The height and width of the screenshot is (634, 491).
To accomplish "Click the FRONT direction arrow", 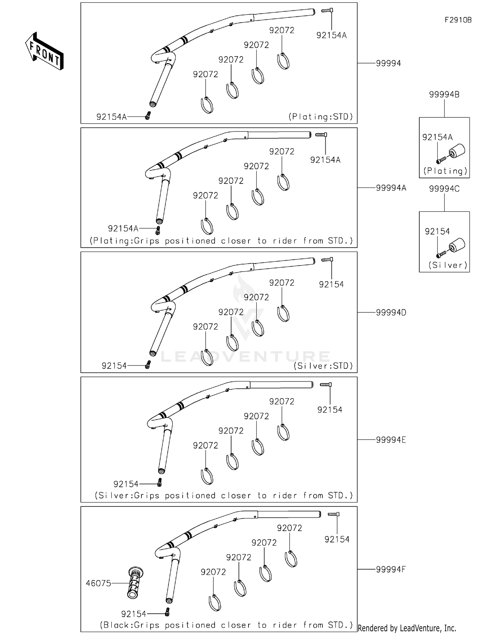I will (44, 51).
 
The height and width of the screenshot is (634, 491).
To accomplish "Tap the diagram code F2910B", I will (458, 20).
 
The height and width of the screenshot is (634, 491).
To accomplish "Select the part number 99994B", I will (444, 95).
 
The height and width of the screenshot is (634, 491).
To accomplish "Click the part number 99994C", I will (444, 189).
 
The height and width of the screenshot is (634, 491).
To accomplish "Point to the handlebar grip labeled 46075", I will (135, 583).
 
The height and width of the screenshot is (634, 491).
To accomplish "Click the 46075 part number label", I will (98, 583).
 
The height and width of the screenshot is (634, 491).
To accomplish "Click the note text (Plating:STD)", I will (320, 117).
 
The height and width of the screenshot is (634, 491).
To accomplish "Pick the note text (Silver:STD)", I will (323, 366).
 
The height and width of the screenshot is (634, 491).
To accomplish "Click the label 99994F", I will (391, 569).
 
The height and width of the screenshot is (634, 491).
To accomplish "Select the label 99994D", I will (391, 312).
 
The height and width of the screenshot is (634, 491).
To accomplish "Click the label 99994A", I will (391, 188).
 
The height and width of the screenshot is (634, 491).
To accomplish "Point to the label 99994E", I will (391, 440).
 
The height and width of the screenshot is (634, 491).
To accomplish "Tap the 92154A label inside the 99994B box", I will (437, 137).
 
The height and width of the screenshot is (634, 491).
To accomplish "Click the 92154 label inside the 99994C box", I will (437, 232).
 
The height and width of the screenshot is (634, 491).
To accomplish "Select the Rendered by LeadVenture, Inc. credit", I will (407, 628).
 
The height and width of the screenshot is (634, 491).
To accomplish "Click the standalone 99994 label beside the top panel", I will (388, 63).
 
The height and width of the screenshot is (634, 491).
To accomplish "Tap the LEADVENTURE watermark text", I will (245, 357).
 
